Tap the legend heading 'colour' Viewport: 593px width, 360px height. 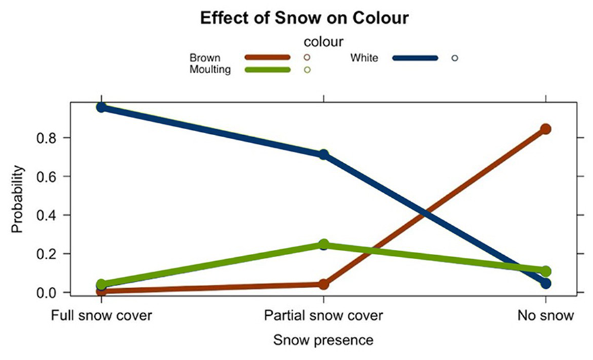(x=322, y=42)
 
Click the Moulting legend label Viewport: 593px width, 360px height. (x=210, y=69)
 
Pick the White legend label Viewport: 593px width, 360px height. (x=364, y=58)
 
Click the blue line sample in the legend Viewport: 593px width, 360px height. (x=415, y=58)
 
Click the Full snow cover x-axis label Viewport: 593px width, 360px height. (x=102, y=316)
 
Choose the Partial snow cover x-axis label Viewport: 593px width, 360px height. (x=323, y=316)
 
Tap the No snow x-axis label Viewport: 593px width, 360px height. (x=545, y=316)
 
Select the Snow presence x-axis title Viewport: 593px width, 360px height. (x=323, y=340)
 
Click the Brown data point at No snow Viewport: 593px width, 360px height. (x=546, y=129)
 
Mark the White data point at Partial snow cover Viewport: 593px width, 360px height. (x=324, y=154)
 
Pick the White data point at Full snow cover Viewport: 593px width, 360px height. (x=101, y=107)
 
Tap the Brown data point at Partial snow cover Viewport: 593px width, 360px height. (x=324, y=284)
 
